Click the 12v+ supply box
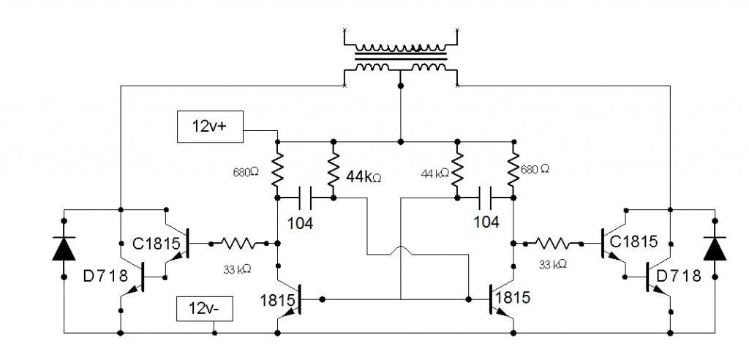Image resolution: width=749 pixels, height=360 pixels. [210, 127]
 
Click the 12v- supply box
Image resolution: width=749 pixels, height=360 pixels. [205, 309]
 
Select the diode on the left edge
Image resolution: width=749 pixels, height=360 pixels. [64, 248]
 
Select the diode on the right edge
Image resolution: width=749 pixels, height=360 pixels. [715, 248]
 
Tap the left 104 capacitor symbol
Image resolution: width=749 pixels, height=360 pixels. [306, 198]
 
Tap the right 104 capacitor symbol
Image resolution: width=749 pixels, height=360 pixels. [486, 198]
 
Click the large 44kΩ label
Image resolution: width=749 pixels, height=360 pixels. [363, 178]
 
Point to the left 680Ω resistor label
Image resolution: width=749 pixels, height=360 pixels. [246, 172]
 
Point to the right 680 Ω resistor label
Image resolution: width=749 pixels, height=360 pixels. [535, 169]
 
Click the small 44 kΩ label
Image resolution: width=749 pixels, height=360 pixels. [434, 173]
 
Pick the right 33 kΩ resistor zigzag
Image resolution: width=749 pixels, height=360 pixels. [553, 244]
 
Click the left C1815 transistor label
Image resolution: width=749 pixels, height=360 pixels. [157, 244]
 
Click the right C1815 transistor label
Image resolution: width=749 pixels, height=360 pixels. [633, 241]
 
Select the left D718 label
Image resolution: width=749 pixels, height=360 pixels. [105, 276]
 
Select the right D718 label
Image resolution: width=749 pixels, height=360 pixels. [679, 276]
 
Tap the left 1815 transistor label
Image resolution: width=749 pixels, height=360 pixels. [276, 301]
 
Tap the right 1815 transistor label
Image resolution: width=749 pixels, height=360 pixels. [513, 298]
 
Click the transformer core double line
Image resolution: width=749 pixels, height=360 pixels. [401, 56]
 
